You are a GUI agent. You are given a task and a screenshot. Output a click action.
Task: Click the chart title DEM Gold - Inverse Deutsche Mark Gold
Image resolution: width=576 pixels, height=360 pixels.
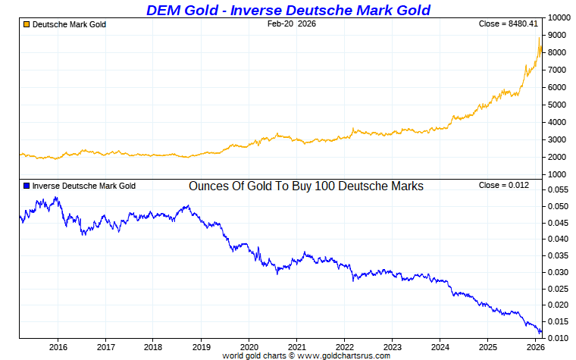click(x=287, y=10)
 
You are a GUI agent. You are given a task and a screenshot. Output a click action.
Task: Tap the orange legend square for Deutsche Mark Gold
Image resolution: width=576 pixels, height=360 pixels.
click(x=26, y=25)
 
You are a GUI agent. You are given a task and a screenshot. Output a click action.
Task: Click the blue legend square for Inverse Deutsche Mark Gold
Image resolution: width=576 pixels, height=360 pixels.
click(x=26, y=186)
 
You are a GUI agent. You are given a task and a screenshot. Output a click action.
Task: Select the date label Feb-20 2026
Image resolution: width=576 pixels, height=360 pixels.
click(x=292, y=24)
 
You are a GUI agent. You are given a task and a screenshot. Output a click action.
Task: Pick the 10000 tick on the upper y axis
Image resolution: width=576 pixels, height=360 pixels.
click(x=559, y=17)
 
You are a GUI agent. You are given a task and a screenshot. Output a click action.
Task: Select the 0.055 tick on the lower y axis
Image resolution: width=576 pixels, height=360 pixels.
click(x=558, y=189)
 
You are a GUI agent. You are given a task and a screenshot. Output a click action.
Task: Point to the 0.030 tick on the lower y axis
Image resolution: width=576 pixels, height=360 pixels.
click(x=558, y=272)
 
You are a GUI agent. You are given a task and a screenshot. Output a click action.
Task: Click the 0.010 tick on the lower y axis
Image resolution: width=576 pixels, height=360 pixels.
click(x=558, y=337)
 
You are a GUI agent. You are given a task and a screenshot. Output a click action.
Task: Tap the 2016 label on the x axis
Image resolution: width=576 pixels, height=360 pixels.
click(x=58, y=347)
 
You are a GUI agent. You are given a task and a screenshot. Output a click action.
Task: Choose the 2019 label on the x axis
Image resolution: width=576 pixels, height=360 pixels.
click(x=201, y=347)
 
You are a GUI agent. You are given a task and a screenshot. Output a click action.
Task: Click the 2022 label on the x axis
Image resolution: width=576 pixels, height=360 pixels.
click(x=344, y=347)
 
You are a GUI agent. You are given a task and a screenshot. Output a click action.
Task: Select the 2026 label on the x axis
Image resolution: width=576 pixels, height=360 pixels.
click(x=535, y=347)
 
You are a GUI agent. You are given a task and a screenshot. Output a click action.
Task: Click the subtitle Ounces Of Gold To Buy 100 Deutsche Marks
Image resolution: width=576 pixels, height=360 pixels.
click(x=305, y=186)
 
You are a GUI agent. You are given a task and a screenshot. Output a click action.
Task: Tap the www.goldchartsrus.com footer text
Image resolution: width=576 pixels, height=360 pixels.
click(x=344, y=355)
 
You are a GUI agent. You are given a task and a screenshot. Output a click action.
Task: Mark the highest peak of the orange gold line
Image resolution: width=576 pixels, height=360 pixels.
click(x=539, y=38)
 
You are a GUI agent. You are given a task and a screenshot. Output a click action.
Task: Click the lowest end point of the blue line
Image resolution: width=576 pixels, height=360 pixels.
click(x=540, y=333)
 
